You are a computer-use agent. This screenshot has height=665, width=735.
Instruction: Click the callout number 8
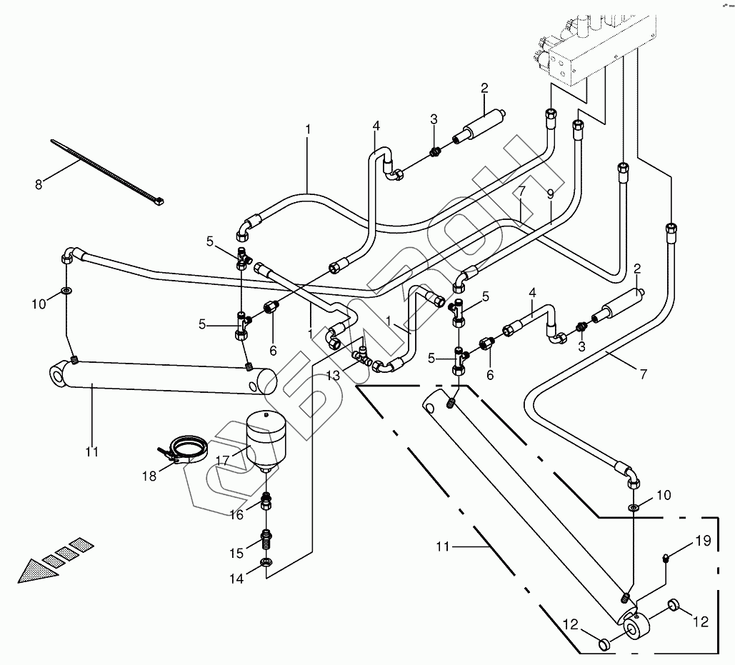(x=39, y=184)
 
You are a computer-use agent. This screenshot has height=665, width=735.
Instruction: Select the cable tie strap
(x=107, y=171)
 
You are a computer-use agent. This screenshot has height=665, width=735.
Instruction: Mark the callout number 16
(x=236, y=515)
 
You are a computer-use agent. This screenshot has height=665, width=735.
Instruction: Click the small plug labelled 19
(x=666, y=558)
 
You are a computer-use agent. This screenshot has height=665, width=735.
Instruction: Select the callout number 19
(x=703, y=541)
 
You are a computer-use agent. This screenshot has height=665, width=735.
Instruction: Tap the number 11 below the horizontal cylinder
(x=91, y=451)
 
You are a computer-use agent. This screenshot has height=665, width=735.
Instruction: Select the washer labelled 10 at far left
(x=66, y=291)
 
